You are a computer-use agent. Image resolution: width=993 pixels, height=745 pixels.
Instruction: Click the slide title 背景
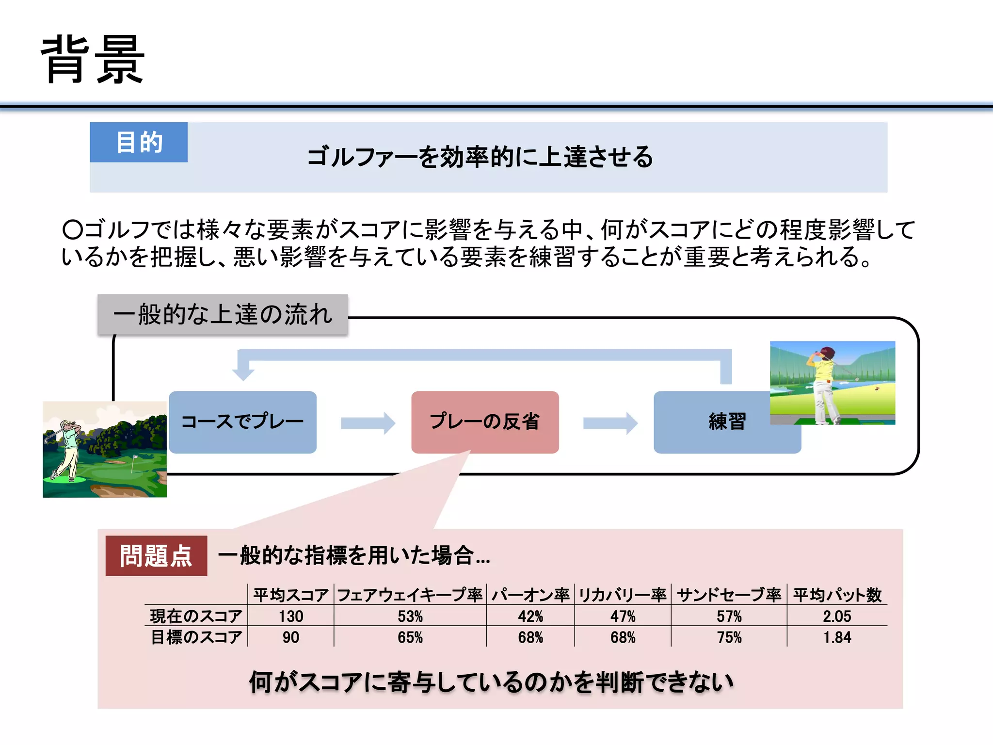(92, 59)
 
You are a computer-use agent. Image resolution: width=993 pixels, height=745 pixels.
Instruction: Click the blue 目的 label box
(139, 142)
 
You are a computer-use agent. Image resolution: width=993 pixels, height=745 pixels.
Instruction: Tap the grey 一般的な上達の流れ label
(223, 314)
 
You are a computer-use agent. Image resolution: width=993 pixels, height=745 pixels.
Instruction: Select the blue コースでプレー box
(242, 422)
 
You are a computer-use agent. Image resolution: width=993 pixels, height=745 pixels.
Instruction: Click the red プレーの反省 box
(485, 422)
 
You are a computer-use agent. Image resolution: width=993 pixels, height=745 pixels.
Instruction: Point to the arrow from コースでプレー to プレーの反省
(368, 423)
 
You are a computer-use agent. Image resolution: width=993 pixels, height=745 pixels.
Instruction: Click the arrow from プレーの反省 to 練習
(610, 423)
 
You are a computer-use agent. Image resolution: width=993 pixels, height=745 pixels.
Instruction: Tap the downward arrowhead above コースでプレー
(243, 372)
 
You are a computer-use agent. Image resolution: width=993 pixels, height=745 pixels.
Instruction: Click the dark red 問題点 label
(156, 556)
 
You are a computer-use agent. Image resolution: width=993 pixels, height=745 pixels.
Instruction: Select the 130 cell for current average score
(291, 616)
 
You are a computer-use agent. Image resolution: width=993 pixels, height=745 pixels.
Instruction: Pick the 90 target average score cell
(291, 637)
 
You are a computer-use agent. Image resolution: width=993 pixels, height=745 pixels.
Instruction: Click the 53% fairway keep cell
(410, 616)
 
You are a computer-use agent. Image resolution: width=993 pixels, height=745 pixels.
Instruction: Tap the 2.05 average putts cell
(837, 616)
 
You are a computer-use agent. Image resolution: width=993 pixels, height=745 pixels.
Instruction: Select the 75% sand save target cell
(729, 637)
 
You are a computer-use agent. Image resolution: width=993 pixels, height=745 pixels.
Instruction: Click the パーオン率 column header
(530, 595)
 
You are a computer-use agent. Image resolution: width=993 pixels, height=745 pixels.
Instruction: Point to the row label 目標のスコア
(196, 637)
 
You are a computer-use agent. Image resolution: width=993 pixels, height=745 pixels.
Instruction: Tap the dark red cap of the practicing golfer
(828, 352)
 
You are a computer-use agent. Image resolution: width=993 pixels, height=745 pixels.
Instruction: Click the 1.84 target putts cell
(837, 637)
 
